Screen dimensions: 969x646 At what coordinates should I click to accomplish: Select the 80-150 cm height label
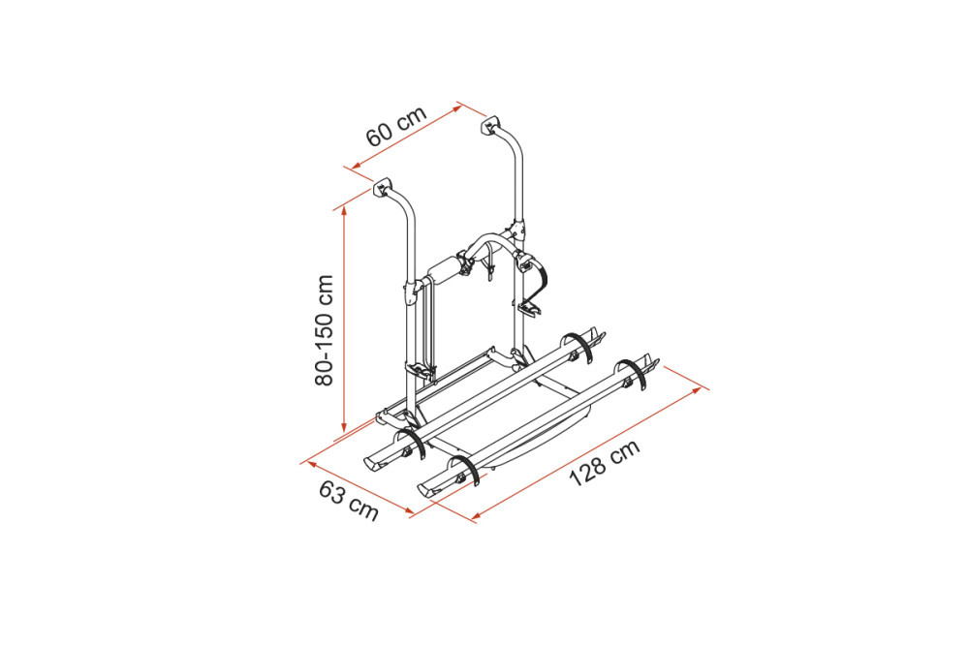[324, 330]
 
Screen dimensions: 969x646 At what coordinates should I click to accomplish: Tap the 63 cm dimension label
[349, 501]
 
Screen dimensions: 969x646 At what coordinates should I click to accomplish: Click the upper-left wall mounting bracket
[383, 187]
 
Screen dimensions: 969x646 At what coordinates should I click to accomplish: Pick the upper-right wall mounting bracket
[490, 125]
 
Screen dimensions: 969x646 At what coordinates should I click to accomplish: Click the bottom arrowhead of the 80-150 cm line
[344, 427]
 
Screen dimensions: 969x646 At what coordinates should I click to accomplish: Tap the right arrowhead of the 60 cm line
[456, 108]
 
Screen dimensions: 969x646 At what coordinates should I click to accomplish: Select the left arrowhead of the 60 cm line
[357, 166]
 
